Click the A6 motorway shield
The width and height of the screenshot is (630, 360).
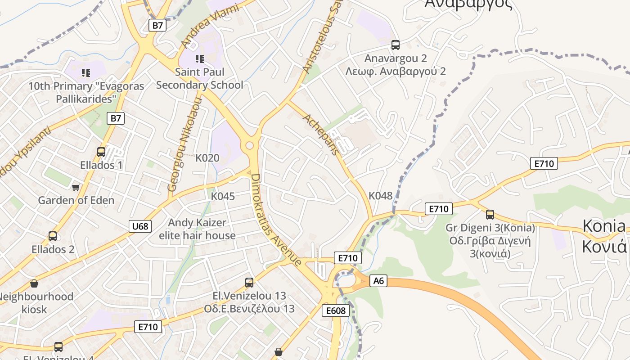[x=378, y=281]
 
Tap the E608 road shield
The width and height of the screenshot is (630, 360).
[x=336, y=310]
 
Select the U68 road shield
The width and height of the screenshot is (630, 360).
[x=140, y=226]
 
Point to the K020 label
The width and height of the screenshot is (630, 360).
[x=207, y=158]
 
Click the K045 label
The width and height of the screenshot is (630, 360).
[x=223, y=196]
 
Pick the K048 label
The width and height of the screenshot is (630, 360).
[x=381, y=196]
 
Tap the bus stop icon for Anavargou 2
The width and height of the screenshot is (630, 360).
[x=396, y=45]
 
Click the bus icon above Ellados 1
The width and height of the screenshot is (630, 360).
[x=101, y=152]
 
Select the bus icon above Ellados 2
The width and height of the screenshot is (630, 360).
[x=53, y=236]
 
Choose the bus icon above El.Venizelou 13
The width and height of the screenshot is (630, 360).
[x=249, y=283]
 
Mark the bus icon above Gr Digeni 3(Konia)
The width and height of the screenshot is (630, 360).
[x=490, y=215]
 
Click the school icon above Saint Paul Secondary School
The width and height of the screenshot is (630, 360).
[x=200, y=59]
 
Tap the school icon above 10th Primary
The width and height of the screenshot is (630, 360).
[x=86, y=73]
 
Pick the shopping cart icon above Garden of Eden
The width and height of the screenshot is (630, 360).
[x=76, y=187]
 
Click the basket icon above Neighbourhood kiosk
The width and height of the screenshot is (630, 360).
[x=34, y=283]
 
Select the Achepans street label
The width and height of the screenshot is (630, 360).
[x=321, y=134]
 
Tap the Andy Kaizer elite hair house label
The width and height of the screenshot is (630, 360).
[x=197, y=229]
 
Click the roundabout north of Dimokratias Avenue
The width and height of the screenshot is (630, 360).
[x=250, y=145]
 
